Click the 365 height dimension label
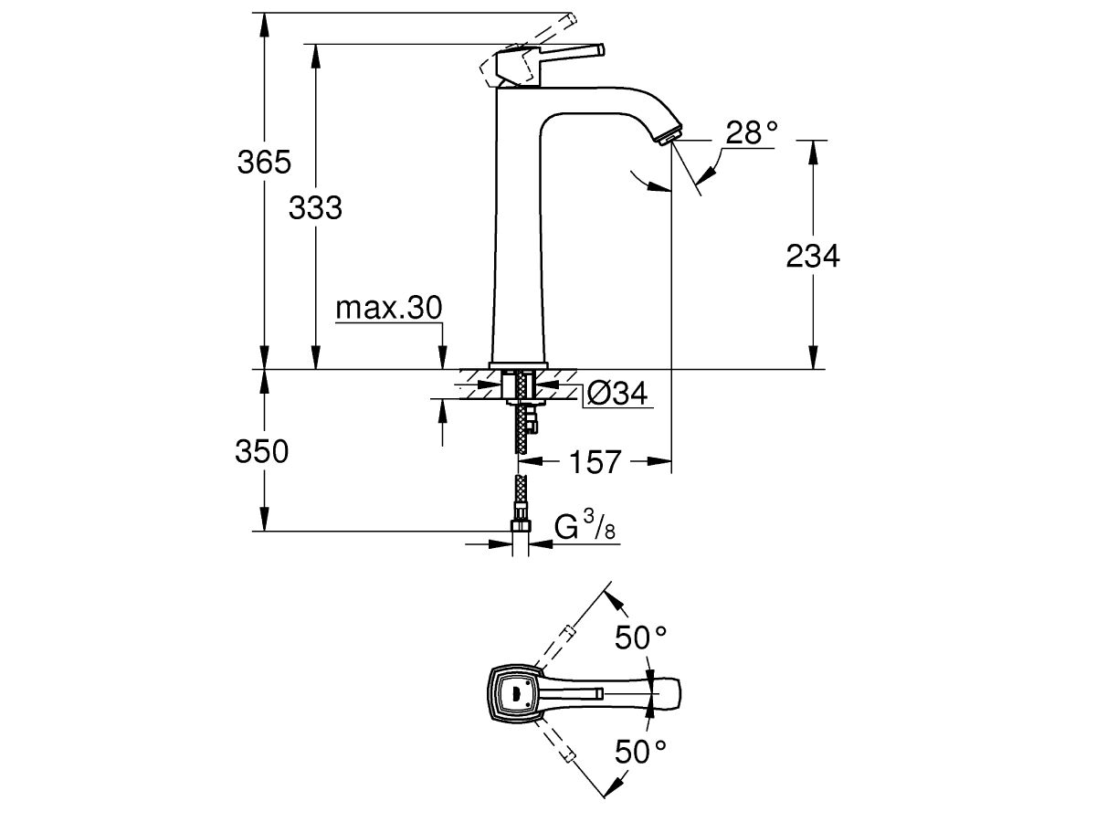[264, 163]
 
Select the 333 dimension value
[315, 208]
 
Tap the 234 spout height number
[813, 257]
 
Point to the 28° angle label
[751, 133]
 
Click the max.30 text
[389, 309]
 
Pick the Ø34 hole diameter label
[616, 394]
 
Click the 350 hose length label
[263, 451]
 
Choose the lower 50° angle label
[640, 752]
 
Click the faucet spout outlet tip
[669, 135]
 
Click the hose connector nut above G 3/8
[521, 527]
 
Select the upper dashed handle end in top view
[567, 632]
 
